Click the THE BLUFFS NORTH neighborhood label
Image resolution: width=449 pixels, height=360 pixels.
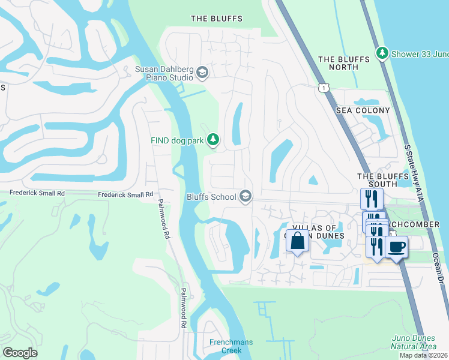click(339, 63)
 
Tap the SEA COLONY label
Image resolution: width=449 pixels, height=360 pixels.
click(363, 110)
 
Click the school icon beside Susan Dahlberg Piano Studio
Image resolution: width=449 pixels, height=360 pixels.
click(202, 73)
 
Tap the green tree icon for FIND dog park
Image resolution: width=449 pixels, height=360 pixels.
click(212, 140)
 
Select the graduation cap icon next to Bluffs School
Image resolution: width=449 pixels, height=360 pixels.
click(245, 196)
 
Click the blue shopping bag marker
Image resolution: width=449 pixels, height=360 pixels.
click(297, 241)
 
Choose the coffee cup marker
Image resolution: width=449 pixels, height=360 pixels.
click(396, 246)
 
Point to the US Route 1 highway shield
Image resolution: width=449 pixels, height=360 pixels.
click(323, 88)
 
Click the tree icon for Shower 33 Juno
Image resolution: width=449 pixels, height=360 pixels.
click(382, 53)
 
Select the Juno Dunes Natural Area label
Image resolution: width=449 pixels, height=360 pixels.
click(414, 342)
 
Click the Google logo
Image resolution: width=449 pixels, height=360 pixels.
click(20, 352)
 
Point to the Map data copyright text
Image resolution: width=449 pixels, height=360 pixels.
click(423, 355)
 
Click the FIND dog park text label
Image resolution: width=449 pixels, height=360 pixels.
click(176, 140)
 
